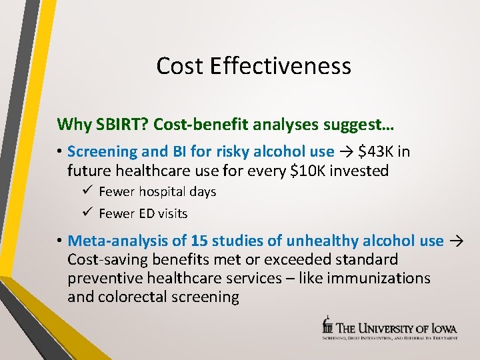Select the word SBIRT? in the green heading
click(x=113, y=124)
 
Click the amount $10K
click(x=307, y=171)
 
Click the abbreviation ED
click(x=147, y=214)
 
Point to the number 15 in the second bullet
click(x=199, y=241)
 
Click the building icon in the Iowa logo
click(x=327, y=326)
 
